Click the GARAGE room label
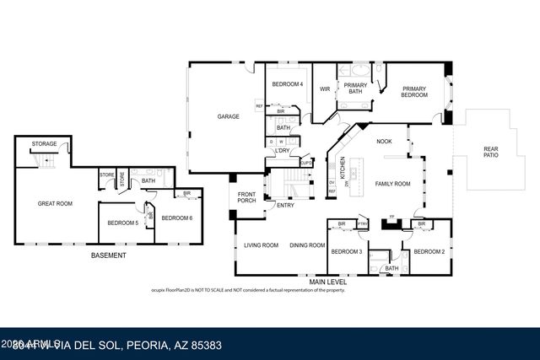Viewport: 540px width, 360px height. coord(228,116)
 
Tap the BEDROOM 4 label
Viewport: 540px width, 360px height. coord(288,84)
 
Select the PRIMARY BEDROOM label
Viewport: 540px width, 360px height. coord(414,92)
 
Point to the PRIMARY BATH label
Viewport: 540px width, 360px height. coord(355,89)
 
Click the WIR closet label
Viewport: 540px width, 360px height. coord(325,89)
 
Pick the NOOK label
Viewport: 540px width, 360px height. coord(384,142)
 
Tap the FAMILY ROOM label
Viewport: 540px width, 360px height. coord(392,183)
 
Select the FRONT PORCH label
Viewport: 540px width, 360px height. coord(246,196)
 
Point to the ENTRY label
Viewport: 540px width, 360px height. coord(286,205)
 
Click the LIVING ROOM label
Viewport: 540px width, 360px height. coord(262,245)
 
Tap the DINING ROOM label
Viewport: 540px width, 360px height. coord(307,245)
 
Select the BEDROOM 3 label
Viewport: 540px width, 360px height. coord(346,251)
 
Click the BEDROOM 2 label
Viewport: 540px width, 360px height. coord(429,251)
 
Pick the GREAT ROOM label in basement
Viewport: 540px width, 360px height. coord(56,203)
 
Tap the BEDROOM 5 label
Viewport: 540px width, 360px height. coord(122,223)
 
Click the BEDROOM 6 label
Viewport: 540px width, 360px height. coord(177,218)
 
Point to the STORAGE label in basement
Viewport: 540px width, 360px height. coord(45,144)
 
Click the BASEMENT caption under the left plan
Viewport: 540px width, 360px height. coord(108,255)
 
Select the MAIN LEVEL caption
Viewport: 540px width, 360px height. coord(330,282)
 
